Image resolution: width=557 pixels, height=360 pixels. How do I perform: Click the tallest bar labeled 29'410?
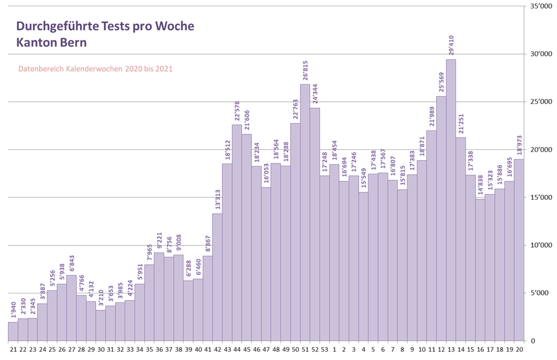tap(450, 199)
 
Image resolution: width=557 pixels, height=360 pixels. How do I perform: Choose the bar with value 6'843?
tap(71, 308)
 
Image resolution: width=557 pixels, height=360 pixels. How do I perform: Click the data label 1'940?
tap(13, 310)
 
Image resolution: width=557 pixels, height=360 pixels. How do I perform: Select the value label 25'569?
tap(441, 83)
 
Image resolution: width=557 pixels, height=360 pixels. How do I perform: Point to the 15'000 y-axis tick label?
tap(538, 198)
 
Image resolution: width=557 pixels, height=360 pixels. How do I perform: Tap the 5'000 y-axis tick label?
tap(540, 293)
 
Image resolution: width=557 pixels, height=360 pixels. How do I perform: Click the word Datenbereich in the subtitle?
tap(40, 69)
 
